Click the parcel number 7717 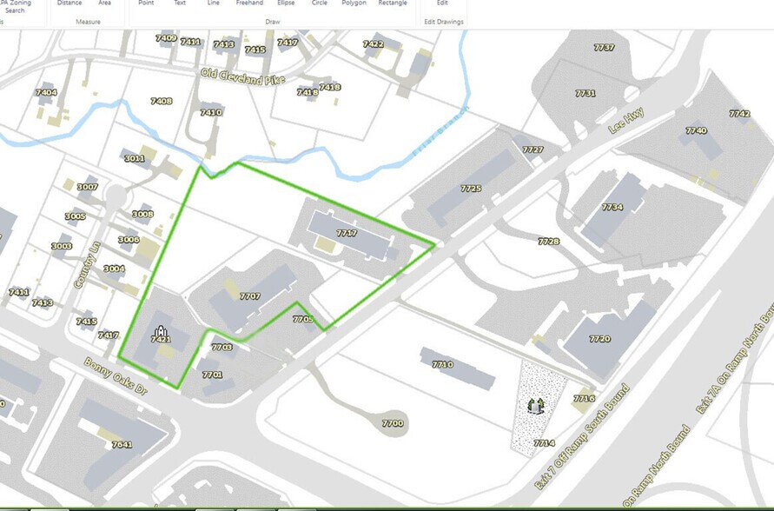coord(347,234)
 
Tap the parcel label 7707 coord(249,296)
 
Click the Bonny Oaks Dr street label coord(115,375)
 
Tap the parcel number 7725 coord(471,189)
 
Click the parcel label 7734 coord(612,208)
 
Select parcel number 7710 coord(442,365)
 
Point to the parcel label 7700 coord(393,423)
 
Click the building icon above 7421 coord(159,329)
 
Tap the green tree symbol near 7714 coord(535,404)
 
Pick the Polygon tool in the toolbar coord(354,3)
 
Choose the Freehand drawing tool coord(249,3)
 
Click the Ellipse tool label coord(286,3)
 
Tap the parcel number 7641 coord(122,444)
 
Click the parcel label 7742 coord(739,114)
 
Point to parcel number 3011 coord(134,158)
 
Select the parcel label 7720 coord(599,339)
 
